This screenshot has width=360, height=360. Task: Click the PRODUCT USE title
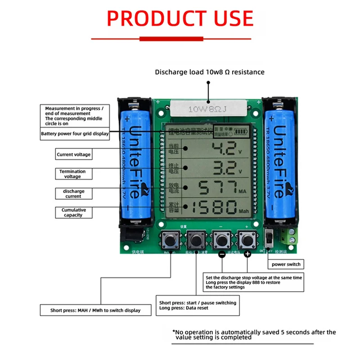[x=180, y=19]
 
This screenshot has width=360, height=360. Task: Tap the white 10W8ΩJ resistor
[x=208, y=108]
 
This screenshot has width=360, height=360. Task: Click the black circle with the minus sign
[x=221, y=254]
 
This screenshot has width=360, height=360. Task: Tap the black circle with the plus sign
[x=247, y=254]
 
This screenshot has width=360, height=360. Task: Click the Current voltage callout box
[x=73, y=154]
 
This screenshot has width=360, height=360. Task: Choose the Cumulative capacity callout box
[x=73, y=212]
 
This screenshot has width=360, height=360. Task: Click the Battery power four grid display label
[x=75, y=134]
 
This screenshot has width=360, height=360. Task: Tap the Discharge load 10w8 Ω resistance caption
[x=210, y=72]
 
